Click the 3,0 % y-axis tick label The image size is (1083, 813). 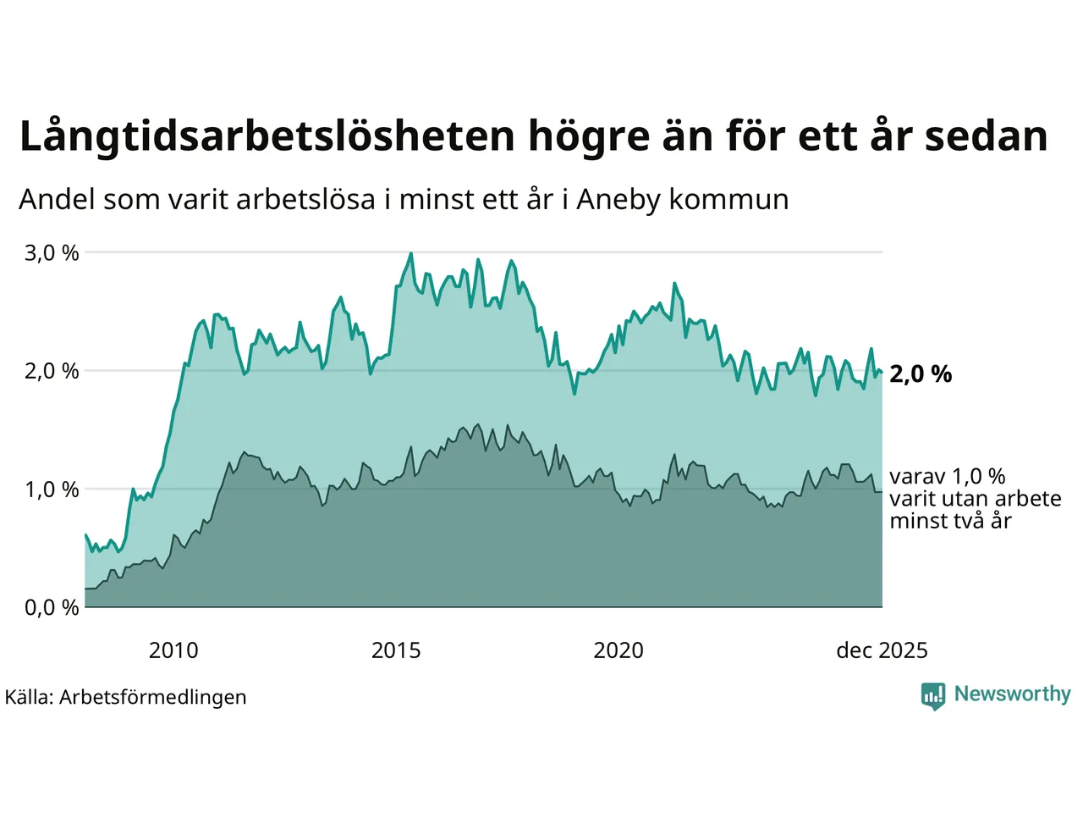52,253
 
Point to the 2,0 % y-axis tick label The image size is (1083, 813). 52,371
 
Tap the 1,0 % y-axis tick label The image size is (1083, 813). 52,489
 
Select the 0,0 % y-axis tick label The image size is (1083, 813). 52,607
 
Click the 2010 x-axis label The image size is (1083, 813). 173,650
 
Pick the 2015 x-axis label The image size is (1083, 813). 396,650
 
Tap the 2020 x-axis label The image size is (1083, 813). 618,650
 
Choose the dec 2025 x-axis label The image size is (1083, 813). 882,650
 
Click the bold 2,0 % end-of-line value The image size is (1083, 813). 921,374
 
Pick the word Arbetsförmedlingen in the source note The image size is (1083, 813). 153,697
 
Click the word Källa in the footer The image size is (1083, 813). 29,697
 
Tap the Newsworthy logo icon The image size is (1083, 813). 932,695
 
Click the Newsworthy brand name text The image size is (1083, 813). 1012,694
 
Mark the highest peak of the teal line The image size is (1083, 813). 411,253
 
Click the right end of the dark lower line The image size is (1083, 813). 882,492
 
